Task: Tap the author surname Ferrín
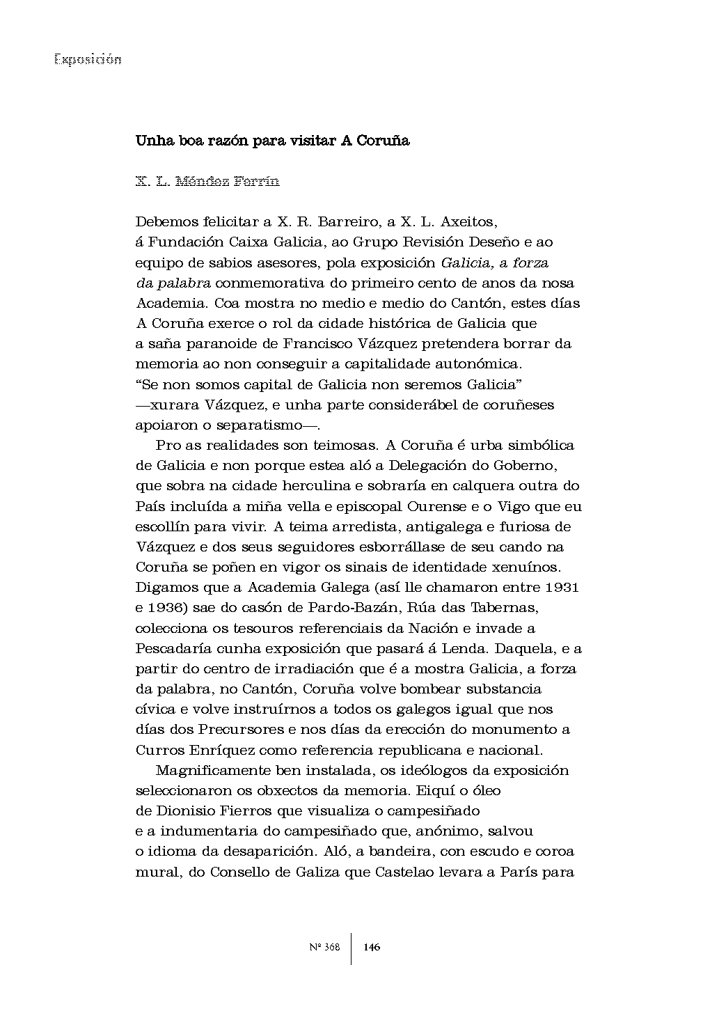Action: (255, 182)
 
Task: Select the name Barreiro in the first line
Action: (343, 222)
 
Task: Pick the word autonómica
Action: (477, 364)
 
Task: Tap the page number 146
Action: (372, 947)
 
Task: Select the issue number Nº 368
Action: (324, 947)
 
